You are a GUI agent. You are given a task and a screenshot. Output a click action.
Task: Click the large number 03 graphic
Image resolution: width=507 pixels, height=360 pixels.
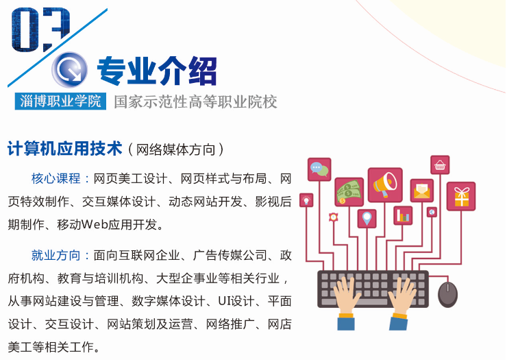click(40, 29)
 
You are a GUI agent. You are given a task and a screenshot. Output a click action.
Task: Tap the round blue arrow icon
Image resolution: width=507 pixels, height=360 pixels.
click(69, 70)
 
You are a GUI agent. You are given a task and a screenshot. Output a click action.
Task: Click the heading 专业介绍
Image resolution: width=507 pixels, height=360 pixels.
click(157, 71)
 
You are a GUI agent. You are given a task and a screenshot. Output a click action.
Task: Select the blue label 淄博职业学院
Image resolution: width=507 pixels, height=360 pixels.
click(60, 101)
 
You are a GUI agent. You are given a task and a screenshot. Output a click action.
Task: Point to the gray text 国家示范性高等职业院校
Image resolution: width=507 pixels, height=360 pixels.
click(196, 101)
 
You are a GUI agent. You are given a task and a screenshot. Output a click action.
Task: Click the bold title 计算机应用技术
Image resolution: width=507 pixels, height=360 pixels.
click(65, 149)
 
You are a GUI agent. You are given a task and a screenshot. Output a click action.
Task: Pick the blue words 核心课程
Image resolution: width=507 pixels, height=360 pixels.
click(56, 178)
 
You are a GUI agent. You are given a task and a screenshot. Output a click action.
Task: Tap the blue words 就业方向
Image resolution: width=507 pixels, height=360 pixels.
click(56, 256)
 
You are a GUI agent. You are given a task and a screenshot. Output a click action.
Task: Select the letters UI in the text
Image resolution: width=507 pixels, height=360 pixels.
click(223, 302)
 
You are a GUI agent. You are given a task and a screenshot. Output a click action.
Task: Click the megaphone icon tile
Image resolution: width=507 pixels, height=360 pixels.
click(385, 185)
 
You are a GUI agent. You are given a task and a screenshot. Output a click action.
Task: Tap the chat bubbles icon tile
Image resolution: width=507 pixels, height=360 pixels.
click(319, 169)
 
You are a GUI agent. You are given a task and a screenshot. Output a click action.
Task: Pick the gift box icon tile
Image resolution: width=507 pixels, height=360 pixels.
click(461, 197)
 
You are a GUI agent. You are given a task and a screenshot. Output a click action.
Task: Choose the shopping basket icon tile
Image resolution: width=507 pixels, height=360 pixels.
click(440, 165)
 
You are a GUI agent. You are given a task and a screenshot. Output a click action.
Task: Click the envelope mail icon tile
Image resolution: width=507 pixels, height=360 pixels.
click(422, 191)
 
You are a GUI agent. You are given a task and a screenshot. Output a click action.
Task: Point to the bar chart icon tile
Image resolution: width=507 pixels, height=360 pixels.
click(403, 215)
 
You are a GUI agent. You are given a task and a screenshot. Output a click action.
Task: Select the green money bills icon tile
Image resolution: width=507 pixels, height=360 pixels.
click(349, 192)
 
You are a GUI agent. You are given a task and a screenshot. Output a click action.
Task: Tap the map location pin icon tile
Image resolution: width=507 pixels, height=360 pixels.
click(367, 219)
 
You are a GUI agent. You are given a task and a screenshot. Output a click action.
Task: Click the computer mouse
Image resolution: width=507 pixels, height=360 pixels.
click(447, 294)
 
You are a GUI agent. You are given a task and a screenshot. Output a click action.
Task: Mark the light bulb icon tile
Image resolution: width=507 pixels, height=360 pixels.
click(306, 200)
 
